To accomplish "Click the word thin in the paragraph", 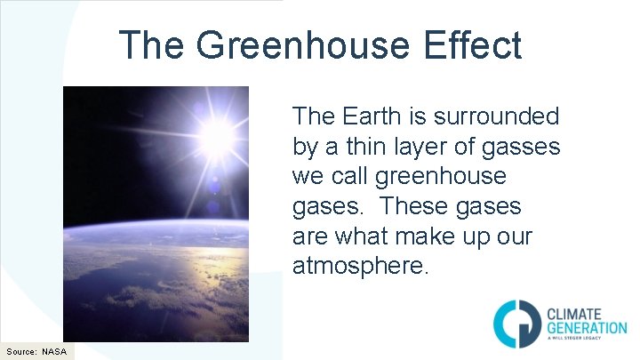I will (x=373, y=146).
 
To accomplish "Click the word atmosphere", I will (x=360, y=266).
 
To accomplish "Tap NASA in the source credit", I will (x=54, y=351).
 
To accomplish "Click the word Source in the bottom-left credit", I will (x=20, y=351).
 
